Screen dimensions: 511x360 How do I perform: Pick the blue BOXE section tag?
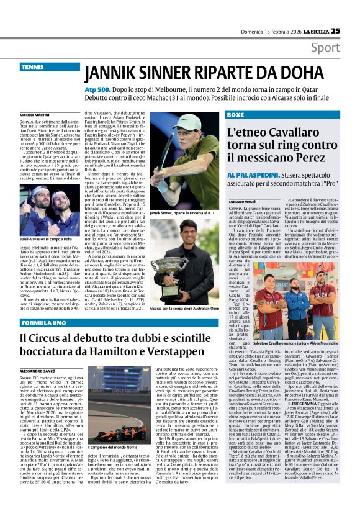pos(235,115)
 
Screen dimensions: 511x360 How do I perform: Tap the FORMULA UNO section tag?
pos(40,324)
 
